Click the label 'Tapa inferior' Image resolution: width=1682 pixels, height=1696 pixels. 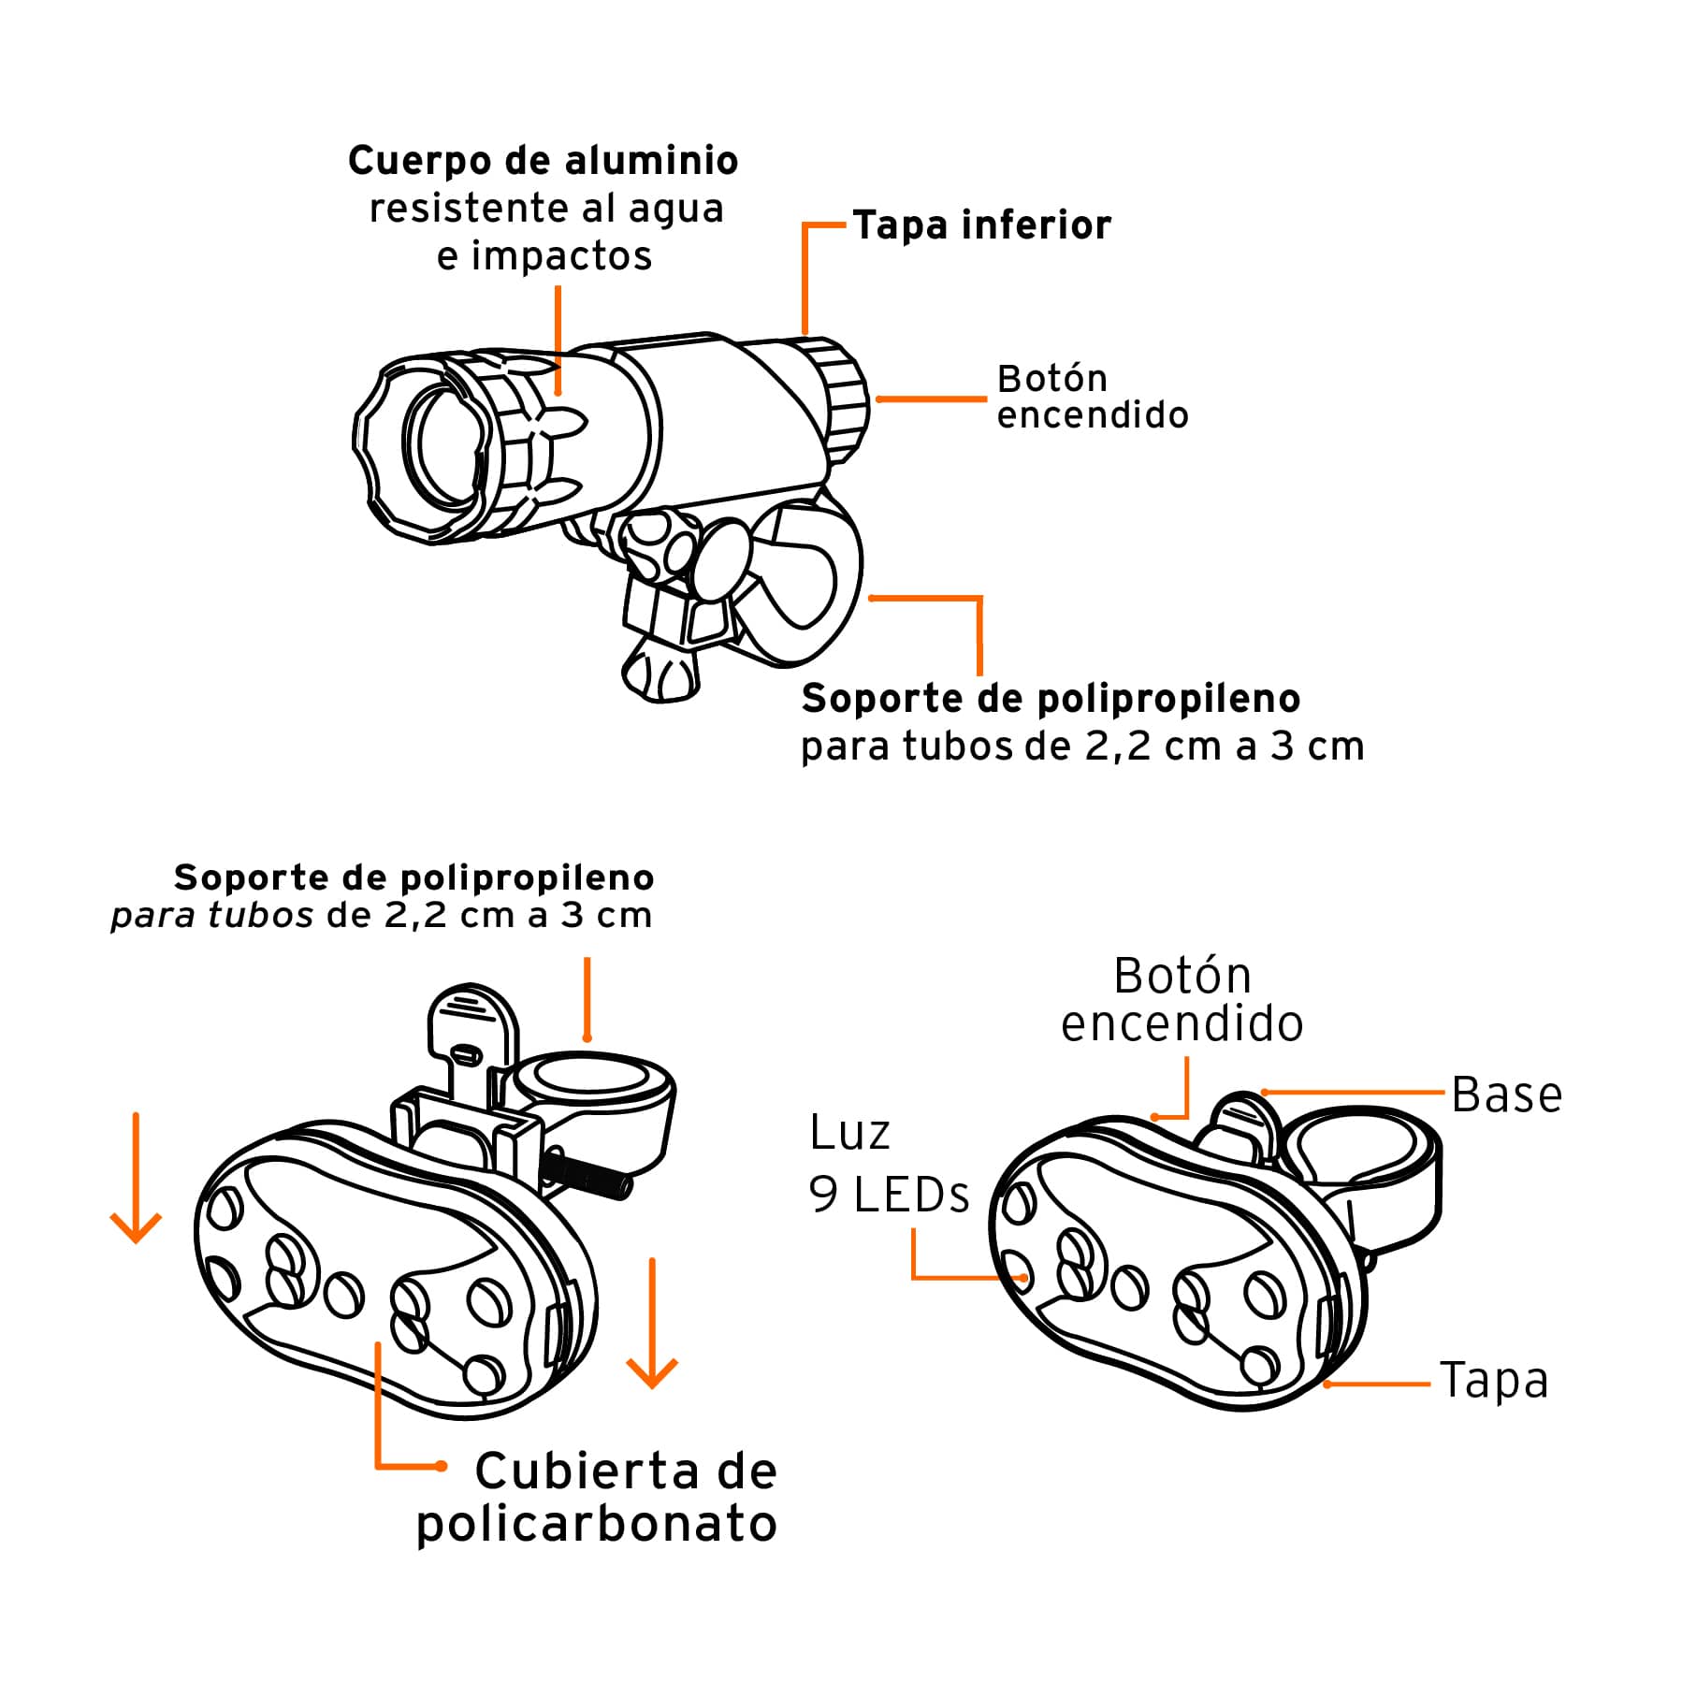point(981,225)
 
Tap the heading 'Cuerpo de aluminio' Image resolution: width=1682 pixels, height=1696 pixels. point(543,161)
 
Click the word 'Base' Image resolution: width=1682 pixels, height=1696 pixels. point(1506,1095)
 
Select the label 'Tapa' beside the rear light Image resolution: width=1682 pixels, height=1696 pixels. point(1494,1381)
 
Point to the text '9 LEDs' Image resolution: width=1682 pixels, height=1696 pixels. point(889,1196)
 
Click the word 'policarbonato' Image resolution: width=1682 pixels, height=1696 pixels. point(597,1524)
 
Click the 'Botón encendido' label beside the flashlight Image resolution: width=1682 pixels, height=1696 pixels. point(1092,398)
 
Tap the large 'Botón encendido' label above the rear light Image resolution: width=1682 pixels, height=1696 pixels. point(1182,1000)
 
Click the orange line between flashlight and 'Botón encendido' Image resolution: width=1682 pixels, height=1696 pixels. point(930,399)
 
